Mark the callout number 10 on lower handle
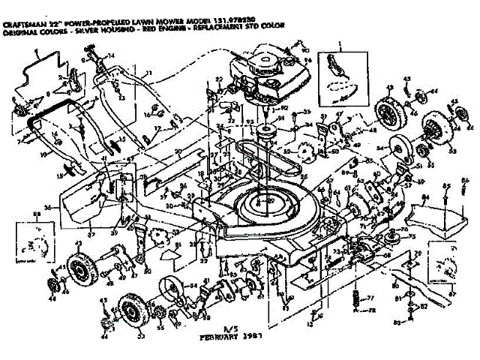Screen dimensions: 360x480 point(43,155)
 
